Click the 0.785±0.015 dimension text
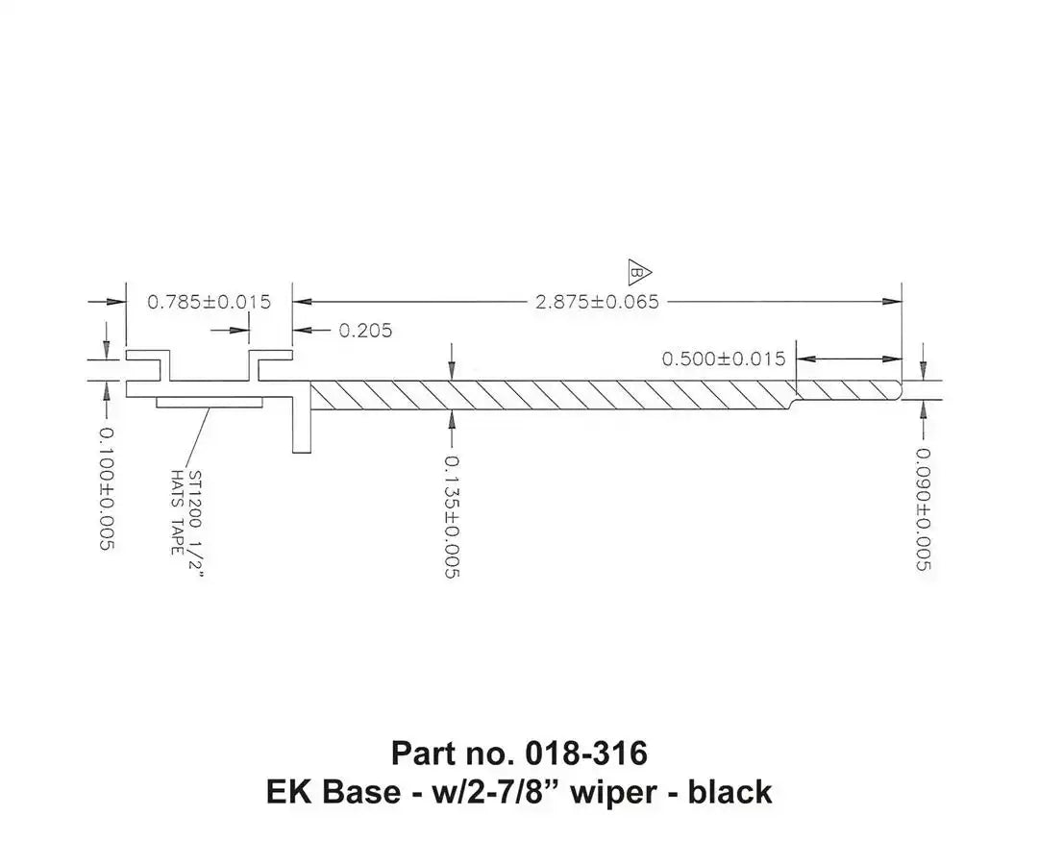tap(210, 303)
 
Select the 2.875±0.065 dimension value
tap(597, 303)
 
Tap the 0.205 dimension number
tap(365, 331)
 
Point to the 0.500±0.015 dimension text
tap(724, 358)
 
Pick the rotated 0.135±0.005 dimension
tap(452, 517)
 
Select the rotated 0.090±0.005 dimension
tap(924, 509)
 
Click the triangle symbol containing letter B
tap(639, 272)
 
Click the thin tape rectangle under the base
tap(210, 403)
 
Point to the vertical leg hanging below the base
tap(302, 424)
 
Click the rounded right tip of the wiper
tap(899, 390)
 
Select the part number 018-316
tap(586, 754)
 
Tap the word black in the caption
tap(729, 792)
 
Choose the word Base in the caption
tap(360, 792)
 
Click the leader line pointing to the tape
tap(199, 437)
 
